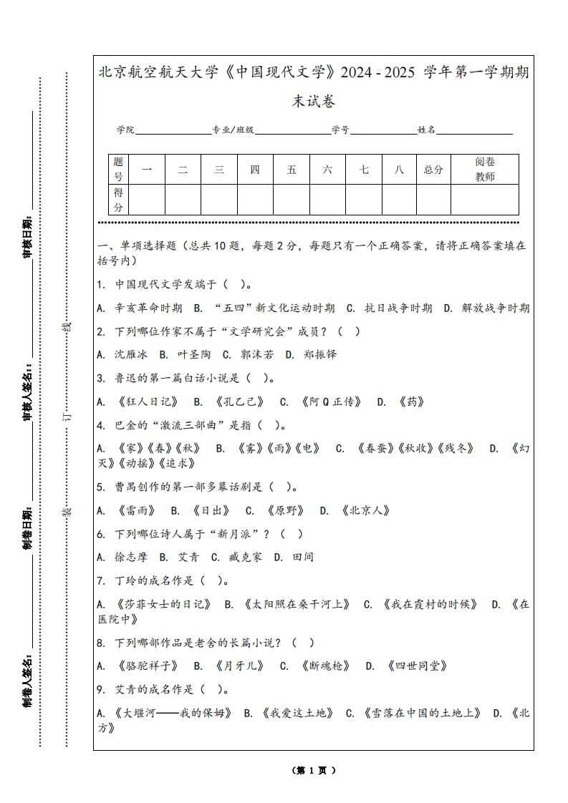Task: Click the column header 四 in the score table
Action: tap(255, 170)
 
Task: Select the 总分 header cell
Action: tap(433, 170)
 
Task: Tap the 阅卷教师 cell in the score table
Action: tap(485, 170)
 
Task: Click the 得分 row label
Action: tap(119, 200)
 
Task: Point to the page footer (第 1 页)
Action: tap(314, 770)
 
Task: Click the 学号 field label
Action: tap(340, 130)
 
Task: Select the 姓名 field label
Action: tap(427, 130)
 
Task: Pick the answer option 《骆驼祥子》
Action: tap(148, 666)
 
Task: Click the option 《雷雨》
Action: tap(136, 510)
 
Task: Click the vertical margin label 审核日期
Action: tap(28, 237)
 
